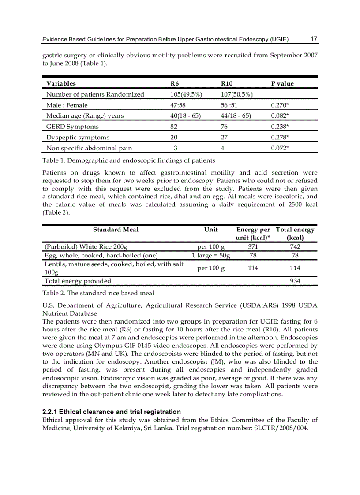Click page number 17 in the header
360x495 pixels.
point(314,39)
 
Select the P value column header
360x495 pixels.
point(282,83)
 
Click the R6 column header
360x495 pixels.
point(174,83)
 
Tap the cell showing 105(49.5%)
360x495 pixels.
point(186,94)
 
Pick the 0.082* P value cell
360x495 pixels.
point(280,115)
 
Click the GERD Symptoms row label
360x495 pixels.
point(72,127)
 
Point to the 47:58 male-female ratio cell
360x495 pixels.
point(179,105)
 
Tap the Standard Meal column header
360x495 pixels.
point(116,230)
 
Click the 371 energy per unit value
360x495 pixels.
point(253,247)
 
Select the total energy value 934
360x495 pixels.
point(295,281)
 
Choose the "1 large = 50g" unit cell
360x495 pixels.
point(211,255)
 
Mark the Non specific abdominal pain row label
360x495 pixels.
point(89,148)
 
